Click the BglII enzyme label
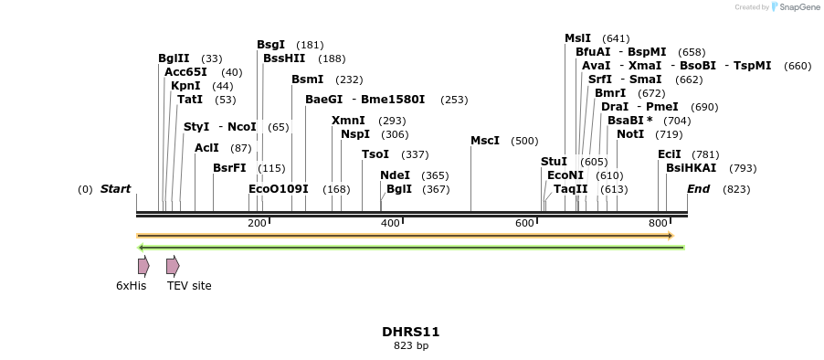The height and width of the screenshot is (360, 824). coord(174,58)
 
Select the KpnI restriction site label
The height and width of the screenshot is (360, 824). coord(185,86)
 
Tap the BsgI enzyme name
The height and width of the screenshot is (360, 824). coord(270,45)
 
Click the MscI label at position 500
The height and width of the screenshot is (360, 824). coord(485,141)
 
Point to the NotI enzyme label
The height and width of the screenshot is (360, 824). coord(630,134)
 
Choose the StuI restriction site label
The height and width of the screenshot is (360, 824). coord(554,162)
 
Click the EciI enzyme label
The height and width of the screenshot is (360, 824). coord(670,154)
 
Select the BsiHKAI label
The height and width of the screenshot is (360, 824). coord(692,168)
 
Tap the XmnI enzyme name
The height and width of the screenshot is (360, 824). coord(348,121)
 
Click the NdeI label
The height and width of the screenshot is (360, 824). coord(395,175)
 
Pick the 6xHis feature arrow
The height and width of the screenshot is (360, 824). coord(143,266)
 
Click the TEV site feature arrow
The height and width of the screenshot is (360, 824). coord(173,266)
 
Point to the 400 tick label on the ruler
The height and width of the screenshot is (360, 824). coord(390,224)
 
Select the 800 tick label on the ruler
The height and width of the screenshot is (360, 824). coord(658,224)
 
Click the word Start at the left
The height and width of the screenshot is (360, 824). coord(116,189)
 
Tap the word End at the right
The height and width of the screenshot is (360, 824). coord(698,189)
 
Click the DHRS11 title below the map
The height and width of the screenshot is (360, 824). coord(411,332)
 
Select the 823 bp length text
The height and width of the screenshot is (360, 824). coord(411,345)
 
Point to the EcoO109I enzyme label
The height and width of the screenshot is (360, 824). coord(279,189)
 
